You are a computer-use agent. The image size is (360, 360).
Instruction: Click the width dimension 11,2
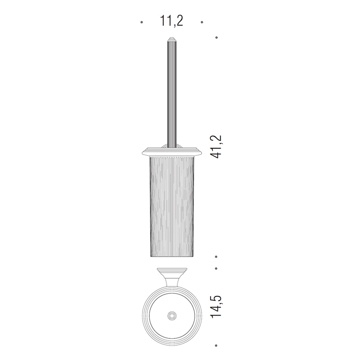pyautogui.click(x=171, y=21)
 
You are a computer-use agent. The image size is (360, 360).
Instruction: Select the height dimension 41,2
pyautogui.click(x=216, y=147)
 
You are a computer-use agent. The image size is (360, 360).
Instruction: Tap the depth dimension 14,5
pyautogui.click(x=216, y=306)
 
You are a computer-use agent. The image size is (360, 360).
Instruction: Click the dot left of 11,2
pyautogui.click(x=141, y=22)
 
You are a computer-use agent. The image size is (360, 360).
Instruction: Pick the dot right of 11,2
pyautogui.click(x=202, y=22)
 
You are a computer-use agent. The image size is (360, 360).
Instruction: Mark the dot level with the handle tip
pyautogui.click(x=216, y=37)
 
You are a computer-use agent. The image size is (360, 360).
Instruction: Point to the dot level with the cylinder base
pyautogui.click(x=216, y=257)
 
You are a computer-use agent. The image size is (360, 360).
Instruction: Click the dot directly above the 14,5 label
pyautogui.click(x=216, y=268)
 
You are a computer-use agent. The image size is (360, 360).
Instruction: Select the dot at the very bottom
pyautogui.click(x=216, y=345)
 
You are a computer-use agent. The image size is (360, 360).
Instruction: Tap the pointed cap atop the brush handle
pyautogui.click(x=172, y=39)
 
